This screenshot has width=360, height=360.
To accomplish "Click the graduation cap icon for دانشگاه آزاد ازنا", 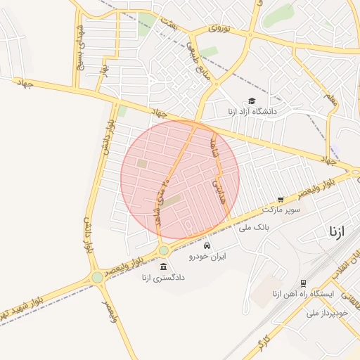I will coord(252,101).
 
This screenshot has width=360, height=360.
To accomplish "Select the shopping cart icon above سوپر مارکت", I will coord(281,200).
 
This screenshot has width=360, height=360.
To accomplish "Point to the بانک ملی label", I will coord(255,228).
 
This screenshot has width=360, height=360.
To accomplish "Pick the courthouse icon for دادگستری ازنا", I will coord(164,266).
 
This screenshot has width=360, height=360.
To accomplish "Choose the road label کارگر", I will coord(262,344).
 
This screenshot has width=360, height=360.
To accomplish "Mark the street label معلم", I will coord(330,100).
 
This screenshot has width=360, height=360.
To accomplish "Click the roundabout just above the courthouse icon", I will coord(163,250).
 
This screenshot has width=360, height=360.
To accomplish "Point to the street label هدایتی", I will coord(217,191).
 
